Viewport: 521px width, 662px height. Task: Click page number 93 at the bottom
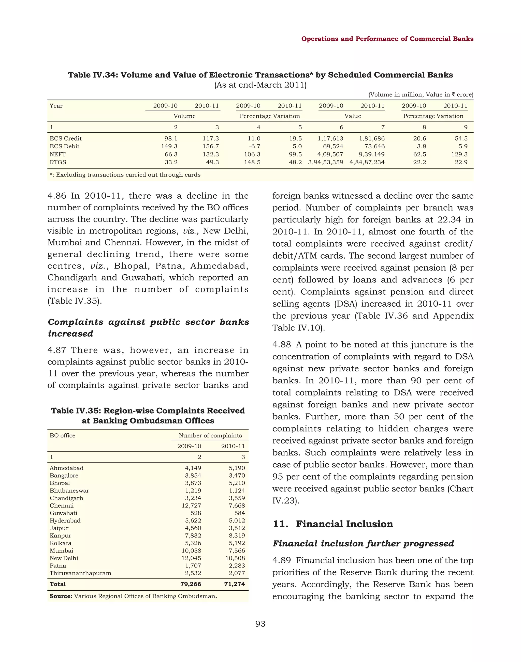click(260, 624)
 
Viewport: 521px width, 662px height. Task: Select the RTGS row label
click(58, 162)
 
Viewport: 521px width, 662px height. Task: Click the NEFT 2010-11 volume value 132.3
click(211, 154)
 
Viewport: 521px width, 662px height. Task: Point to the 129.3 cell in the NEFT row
click(459, 154)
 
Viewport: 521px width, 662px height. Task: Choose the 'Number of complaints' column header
click(210, 436)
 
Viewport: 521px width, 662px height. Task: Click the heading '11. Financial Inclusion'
click(333, 524)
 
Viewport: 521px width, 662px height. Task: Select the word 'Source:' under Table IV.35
click(61, 596)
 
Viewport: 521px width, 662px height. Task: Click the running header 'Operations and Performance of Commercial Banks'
click(387, 39)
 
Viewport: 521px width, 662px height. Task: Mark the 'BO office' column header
click(63, 436)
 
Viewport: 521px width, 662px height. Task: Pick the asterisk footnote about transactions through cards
click(125, 175)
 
